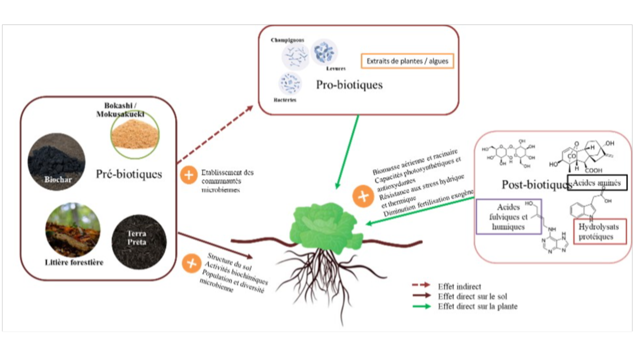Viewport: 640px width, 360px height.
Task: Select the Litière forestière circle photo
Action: point(73,229)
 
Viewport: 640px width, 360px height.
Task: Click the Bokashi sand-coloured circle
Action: point(135,134)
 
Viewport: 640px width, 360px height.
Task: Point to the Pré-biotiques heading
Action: point(129,174)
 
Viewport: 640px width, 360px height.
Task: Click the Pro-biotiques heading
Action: point(349,85)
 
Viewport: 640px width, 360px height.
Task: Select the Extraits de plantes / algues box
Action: point(407,61)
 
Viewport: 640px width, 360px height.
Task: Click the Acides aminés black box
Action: point(597,183)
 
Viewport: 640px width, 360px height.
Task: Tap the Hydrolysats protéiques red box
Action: point(600,231)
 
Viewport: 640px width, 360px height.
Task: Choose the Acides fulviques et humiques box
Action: point(509,216)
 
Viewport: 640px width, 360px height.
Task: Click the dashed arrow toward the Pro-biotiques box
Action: point(215,134)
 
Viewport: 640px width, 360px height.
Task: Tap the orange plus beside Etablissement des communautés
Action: point(189,175)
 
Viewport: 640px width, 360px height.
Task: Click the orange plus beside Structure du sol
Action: point(191,263)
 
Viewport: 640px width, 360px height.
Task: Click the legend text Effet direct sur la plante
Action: point(477,306)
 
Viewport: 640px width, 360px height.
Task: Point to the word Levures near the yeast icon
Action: point(335,68)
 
